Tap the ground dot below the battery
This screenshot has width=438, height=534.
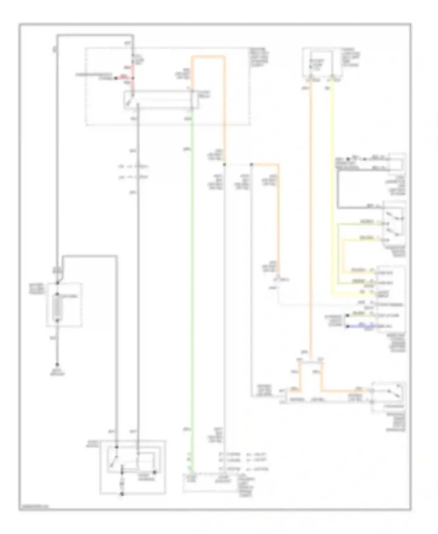[57, 365]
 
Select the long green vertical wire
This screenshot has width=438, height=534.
[192, 292]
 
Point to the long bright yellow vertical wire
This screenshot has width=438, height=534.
[332, 190]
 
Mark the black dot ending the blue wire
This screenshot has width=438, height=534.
[347, 326]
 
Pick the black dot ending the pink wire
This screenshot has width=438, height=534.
[116, 78]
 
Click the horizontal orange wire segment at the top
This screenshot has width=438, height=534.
[208, 56]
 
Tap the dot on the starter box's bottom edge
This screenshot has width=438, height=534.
[122, 494]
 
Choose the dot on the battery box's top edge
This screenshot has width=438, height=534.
[58, 283]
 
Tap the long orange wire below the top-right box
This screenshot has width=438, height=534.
[311, 219]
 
